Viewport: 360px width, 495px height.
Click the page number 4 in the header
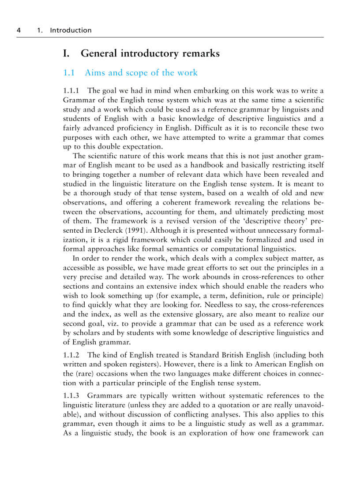click(x=19, y=30)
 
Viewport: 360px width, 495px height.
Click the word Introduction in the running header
click(x=71, y=30)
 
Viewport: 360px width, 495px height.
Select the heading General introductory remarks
click(x=150, y=54)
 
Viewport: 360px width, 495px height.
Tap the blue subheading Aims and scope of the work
click(x=141, y=73)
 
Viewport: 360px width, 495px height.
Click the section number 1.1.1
click(x=71, y=91)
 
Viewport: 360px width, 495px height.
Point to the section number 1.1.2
click(x=71, y=355)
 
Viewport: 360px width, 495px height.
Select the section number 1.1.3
click(x=71, y=396)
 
